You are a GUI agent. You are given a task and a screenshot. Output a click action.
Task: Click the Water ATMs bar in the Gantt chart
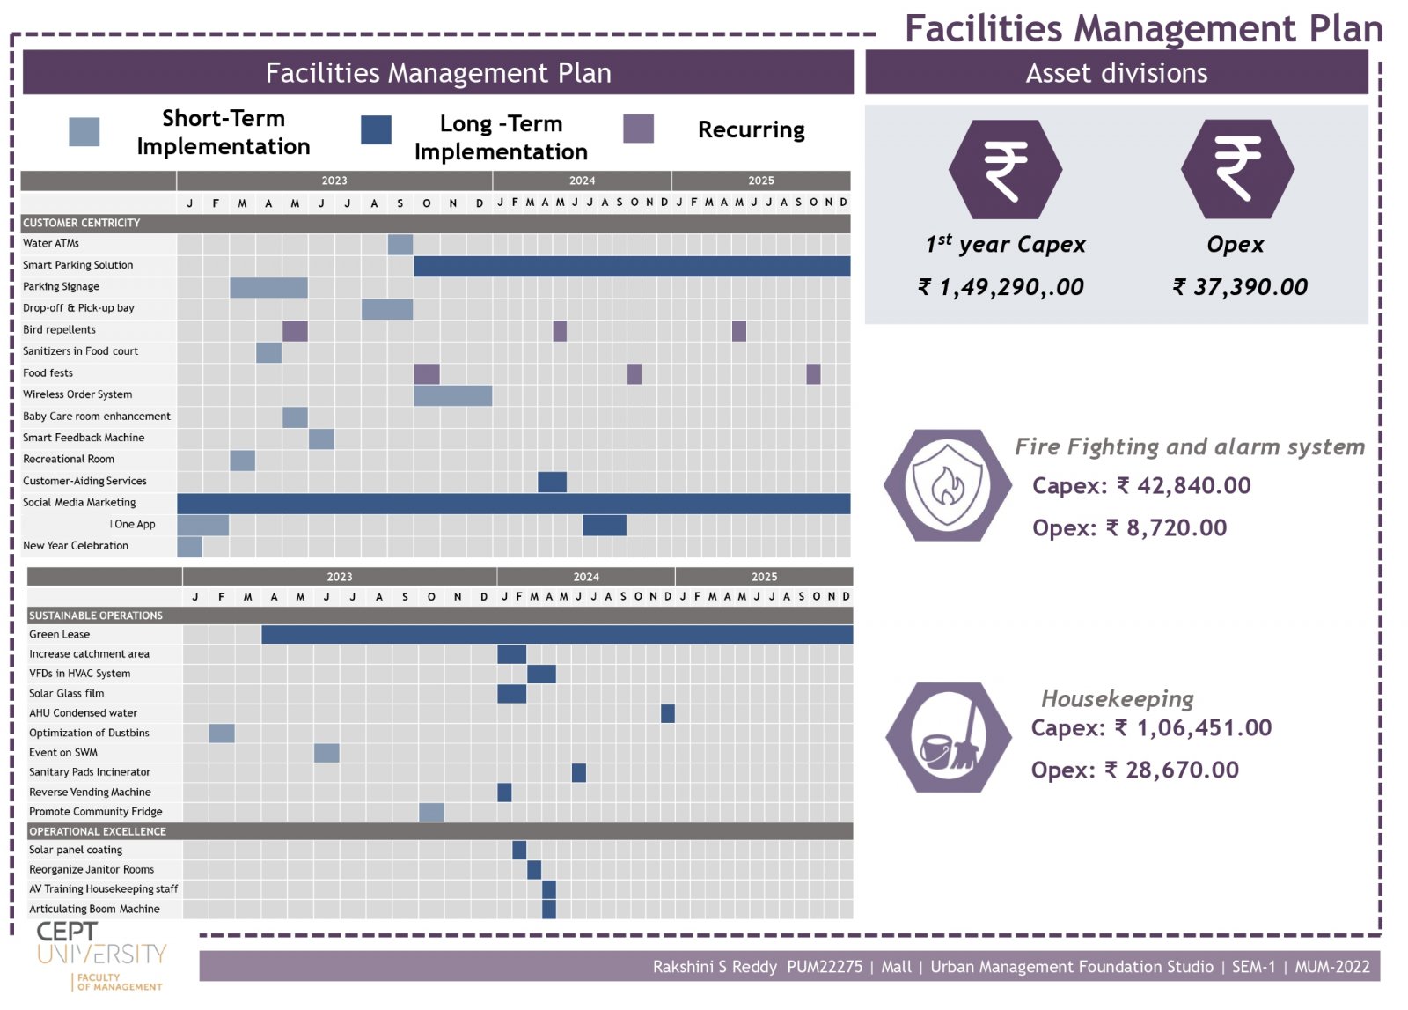[x=400, y=244]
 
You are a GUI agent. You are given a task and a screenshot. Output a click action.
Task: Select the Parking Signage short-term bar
[x=268, y=287]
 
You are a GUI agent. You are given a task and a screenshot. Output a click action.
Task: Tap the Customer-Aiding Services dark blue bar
[x=552, y=482]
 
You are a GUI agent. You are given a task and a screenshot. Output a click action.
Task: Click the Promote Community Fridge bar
[x=431, y=812]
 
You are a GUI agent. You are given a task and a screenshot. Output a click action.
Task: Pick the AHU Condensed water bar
[x=668, y=713]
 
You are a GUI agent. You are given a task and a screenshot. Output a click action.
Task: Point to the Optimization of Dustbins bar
[x=222, y=733]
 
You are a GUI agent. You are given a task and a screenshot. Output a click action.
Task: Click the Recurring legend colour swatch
[x=638, y=129]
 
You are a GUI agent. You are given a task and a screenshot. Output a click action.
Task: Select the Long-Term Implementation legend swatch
[x=376, y=129]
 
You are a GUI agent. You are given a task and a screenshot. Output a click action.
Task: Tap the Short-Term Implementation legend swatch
[x=84, y=131]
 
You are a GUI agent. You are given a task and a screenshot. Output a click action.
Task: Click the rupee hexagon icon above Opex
[x=1236, y=169]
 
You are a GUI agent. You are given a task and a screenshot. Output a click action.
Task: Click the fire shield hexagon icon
[x=947, y=484]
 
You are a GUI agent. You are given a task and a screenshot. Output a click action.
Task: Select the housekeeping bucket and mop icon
[x=949, y=737]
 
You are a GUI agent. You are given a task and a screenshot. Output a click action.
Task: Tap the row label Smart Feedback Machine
[x=84, y=438]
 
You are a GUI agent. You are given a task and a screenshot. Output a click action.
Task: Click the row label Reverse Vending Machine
[x=90, y=793]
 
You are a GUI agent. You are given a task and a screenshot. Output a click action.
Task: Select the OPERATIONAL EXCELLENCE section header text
[x=98, y=831]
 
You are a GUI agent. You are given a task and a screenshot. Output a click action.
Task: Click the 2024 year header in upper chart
[x=582, y=181]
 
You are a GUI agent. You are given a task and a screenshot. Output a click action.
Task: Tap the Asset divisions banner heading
[x=1116, y=73]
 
